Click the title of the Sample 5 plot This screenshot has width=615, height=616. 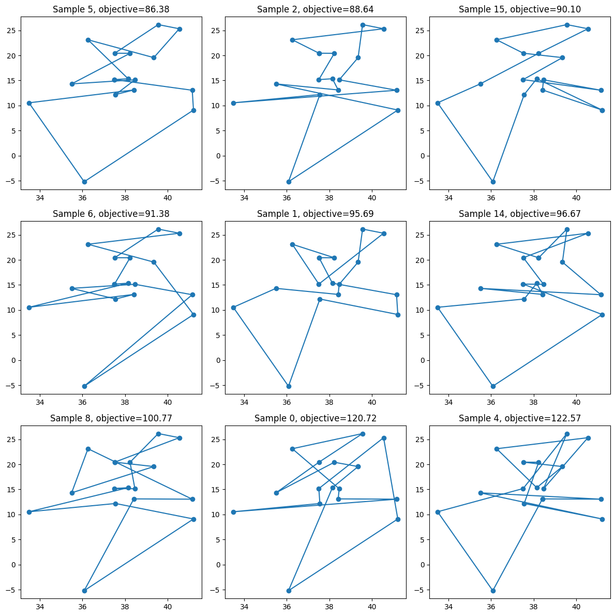point(111,9)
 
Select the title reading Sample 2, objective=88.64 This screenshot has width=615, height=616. point(316,9)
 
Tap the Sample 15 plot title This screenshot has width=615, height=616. point(520,9)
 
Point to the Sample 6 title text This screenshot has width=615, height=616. point(111,213)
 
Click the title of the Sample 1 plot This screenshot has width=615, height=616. point(316,213)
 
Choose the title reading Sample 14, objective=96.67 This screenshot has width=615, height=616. point(520,213)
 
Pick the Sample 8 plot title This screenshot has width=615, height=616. point(111,418)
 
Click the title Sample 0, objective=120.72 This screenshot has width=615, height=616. point(316,418)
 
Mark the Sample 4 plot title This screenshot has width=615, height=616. point(520,418)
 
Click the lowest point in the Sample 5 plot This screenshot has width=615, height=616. point(84,182)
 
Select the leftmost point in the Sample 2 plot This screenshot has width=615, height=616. point(233,103)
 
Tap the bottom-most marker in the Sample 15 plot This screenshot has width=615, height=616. point(493,182)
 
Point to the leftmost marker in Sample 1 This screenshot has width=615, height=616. point(233,307)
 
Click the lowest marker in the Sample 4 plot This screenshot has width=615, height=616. point(493,591)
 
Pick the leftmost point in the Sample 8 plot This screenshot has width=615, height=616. point(29,512)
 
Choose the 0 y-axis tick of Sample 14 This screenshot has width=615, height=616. point(422,360)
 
